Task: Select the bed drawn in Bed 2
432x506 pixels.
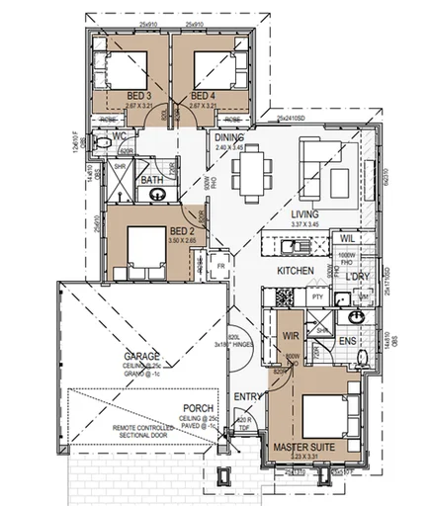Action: (x=145, y=249)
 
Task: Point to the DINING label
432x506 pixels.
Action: (x=229, y=139)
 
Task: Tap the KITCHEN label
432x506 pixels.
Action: (x=295, y=269)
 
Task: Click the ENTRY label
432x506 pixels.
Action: (x=246, y=397)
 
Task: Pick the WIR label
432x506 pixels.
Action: (x=292, y=336)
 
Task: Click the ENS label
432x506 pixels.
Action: (x=348, y=341)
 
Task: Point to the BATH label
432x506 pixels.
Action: (x=151, y=181)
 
